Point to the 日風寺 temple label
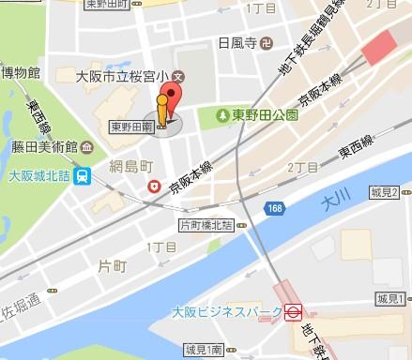click(x=237, y=43)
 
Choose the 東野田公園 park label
click(x=267, y=115)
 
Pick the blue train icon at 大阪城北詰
click(x=84, y=173)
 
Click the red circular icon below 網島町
click(x=152, y=187)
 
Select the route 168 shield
click(x=272, y=206)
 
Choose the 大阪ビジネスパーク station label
click(x=230, y=311)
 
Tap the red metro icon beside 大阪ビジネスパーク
click(x=293, y=311)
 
